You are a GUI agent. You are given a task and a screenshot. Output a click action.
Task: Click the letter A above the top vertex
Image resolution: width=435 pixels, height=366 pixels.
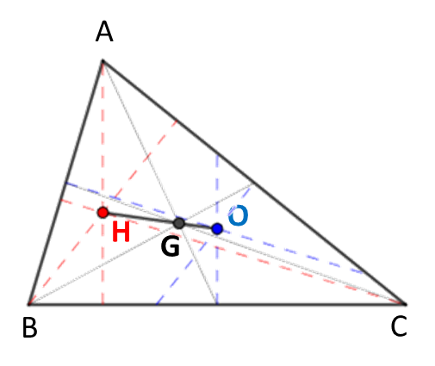104,32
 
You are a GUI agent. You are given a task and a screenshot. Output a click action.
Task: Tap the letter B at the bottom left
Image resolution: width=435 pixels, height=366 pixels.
29,327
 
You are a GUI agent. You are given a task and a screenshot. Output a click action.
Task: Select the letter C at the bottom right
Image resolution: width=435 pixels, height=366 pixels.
399,326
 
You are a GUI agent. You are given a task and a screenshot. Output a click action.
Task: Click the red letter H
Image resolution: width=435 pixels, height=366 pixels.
121,232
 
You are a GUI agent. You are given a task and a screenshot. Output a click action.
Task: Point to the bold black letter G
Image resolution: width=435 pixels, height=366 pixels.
171,246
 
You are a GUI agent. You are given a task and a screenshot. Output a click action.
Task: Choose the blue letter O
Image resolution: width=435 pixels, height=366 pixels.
238,215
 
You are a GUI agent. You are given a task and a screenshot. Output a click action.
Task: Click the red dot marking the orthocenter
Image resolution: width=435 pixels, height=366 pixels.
103,213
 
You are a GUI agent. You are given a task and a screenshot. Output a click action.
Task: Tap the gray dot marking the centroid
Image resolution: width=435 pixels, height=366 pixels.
179,223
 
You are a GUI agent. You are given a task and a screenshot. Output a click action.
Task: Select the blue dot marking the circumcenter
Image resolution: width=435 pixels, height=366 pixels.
217,229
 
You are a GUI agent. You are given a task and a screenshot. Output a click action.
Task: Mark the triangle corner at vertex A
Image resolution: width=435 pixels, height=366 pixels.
103,61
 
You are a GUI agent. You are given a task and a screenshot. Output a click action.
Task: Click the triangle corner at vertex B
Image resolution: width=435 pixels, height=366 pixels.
29,304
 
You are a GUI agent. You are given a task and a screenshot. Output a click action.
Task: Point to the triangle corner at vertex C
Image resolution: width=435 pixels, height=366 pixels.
406,304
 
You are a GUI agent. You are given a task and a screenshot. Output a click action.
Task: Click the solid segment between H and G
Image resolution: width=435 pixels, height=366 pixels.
140,218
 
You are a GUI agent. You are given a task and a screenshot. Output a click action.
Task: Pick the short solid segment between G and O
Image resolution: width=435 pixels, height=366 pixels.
198,226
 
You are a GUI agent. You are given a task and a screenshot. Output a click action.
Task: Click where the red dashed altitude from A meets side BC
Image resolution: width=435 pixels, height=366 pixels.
103,304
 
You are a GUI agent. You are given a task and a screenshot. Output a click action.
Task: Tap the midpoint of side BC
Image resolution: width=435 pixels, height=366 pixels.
217,304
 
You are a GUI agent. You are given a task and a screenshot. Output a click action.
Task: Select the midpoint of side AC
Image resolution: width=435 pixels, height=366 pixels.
254,183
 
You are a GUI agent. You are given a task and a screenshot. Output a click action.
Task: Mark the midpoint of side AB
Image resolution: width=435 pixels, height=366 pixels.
65,183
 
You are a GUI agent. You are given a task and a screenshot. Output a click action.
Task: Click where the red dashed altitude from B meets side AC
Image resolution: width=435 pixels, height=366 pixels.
177,121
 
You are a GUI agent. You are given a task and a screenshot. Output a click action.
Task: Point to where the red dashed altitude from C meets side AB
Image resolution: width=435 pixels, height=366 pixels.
60,200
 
